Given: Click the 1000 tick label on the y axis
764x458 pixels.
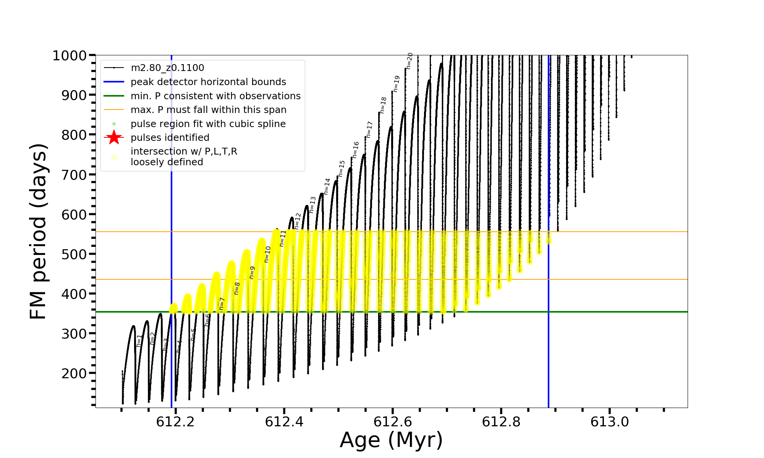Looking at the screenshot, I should (x=69, y=56).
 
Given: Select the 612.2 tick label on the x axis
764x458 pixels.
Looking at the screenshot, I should (x=175, y=422).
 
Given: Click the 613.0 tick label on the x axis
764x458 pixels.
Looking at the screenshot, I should (x=609, y=422).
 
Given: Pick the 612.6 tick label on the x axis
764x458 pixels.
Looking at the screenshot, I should (x=392, y=422).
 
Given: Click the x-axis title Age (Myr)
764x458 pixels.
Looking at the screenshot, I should (x=391, y=440).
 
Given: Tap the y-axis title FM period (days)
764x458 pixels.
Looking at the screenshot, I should (x=39, y=231).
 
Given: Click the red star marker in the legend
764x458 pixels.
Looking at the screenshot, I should (x=114, y=137).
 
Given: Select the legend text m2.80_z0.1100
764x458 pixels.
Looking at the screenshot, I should (x=167, y=68).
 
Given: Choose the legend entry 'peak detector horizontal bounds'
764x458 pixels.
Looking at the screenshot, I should (x=208, y=82).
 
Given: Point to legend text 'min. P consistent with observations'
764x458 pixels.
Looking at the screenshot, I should (x=215, y=96).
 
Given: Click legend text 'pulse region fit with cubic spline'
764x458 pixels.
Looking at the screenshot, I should (x=208, y=124).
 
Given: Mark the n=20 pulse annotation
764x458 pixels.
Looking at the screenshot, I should (x=410, y=61).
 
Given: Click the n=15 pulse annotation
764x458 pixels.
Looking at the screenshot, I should (x=342, y=168).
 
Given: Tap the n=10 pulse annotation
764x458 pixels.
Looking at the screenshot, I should (x=267, y=254).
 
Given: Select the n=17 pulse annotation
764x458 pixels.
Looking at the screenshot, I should (x=369, y=129).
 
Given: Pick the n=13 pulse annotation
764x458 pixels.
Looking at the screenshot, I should (x=313, y=205).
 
